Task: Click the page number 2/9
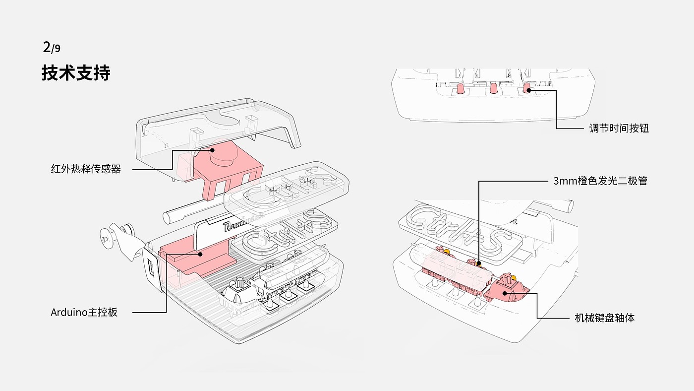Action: click(x=52, y=48)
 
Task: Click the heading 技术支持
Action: click(x=75, y=73)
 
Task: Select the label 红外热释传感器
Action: click(x=86, y=169)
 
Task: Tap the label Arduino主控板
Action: click(x=84, y=312)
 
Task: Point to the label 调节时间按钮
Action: click(x=619, y=128)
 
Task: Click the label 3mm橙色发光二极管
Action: click(x=600, y=181)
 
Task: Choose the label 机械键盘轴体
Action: click(x=604, y=318)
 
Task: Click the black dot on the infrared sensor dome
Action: click(x=212, y=149)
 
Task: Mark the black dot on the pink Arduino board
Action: click(x=201, y=255)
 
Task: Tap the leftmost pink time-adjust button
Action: click(x=461, y=89)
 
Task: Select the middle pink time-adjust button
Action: click(x=493, y=89)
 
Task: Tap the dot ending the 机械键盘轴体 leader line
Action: click(x=505, y=293)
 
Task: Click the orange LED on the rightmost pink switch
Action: click(x=513, y=277)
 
